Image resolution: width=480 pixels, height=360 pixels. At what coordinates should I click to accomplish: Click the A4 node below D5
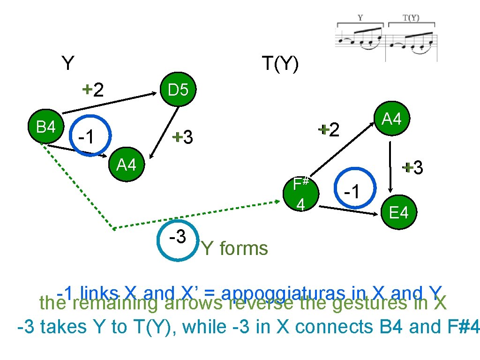tap(126, 165)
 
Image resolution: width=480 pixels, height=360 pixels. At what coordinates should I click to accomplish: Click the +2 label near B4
tap(93, 89)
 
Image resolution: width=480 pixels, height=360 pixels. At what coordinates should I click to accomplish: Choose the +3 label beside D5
tap(182, 137)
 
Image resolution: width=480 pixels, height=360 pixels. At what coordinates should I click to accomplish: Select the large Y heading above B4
tap(68, 63)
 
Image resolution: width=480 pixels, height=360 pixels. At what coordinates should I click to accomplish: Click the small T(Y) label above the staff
tap(411, 18)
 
